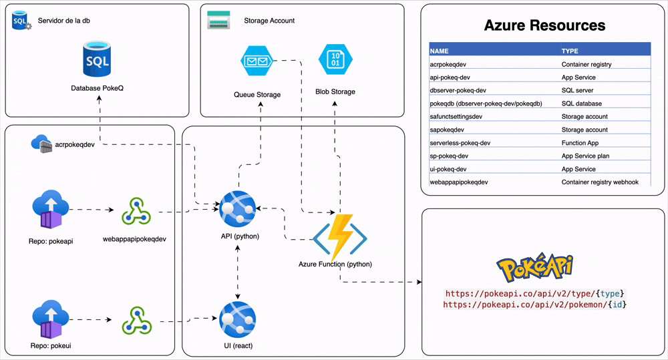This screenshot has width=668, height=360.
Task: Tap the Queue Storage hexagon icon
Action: click(257, 62)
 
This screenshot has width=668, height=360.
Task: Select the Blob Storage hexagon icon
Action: click(335, 60)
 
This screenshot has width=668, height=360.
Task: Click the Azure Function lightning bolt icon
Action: click(341, 237)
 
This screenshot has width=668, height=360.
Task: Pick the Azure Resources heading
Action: click(544, 26)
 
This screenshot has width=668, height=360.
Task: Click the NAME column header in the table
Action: click(440, 51)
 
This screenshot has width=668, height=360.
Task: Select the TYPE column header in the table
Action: click(570, 51)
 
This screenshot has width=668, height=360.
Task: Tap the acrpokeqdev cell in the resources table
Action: click(448, 64)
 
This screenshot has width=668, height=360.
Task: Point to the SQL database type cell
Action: click(581, 104)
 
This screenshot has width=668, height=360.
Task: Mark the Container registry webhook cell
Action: click(600, 182)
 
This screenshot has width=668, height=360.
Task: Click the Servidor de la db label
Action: click(64, 21)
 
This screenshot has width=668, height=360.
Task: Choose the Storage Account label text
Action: click(269, 21)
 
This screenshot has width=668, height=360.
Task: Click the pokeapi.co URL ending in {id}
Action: click(534, 305)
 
